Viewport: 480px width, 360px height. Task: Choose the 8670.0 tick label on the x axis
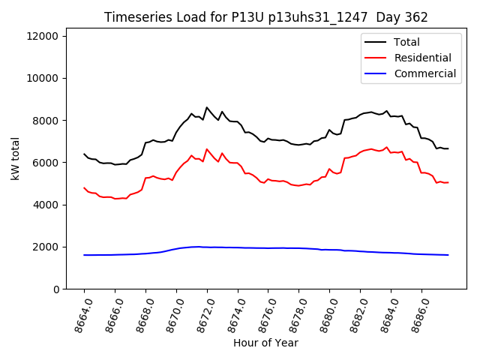pyautogui.click(x=170, y=312)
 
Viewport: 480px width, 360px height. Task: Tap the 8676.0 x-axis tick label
pyautogui.click(x=262, y=312)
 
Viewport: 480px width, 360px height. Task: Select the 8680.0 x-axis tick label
pyautogui.click(x=323, y=312)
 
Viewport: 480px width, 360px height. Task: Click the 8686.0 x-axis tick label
pyautogui.click(x=415, y=312)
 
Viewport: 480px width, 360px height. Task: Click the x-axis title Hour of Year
pyautogui.click(x=265, y=343)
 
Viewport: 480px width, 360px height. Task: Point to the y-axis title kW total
pyautogui.click(x=15, y=158)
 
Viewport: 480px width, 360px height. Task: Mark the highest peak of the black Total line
pyautogui.click(x=207, y=107)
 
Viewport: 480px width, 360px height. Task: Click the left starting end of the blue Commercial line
pyautogui.click(x=84, y=255)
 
